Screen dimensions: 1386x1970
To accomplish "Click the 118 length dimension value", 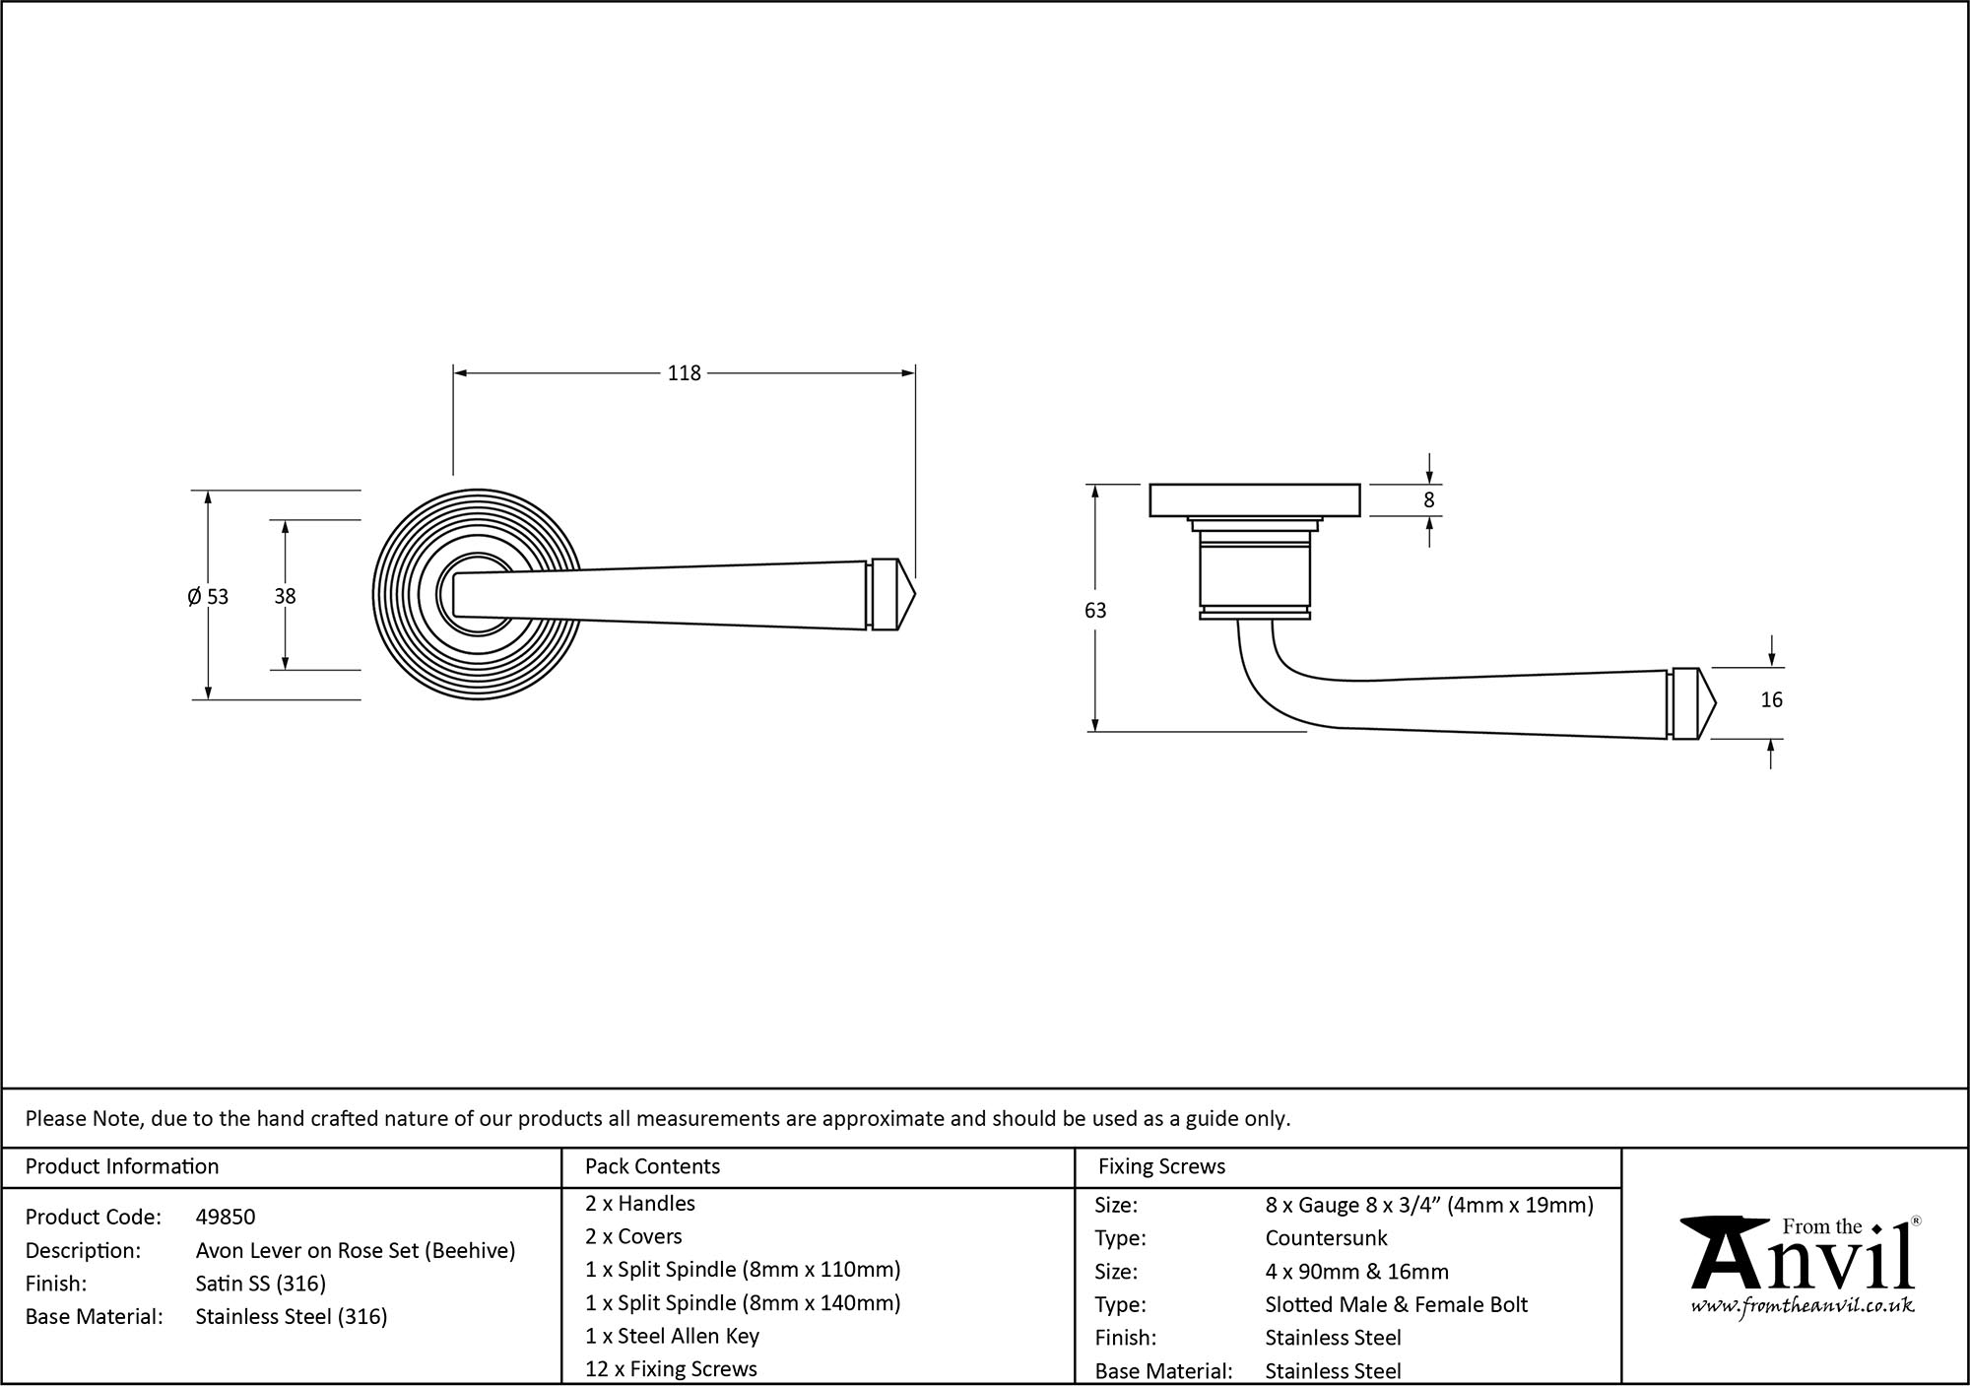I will pos(684,373).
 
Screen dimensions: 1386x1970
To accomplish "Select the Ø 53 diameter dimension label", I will pos(208,597).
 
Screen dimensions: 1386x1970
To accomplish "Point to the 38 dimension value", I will pos(285,596).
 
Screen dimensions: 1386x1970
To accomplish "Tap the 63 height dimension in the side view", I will pos(1095,611).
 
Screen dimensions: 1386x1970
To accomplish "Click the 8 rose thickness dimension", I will pos(1429,500).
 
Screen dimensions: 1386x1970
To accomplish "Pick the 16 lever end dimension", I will pos(1771,700).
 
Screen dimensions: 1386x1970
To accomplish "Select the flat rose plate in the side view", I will pos(1255,499).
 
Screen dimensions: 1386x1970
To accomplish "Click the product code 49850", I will pos(226,1218).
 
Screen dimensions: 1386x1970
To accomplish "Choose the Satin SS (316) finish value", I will pos(261,1284).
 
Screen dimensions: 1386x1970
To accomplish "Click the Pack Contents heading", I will pos(652,1166).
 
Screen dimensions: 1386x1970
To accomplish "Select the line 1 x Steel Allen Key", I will pos(672,1336).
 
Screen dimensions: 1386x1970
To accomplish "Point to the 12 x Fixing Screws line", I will pos(671,1369).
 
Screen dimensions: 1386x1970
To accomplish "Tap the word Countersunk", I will pos(1326,1238).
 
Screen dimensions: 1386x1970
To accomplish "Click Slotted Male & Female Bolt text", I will pos(1396,1305).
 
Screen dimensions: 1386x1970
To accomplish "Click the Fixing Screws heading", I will pos(1161,1166).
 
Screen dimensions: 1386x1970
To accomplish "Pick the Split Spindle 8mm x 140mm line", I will pos(743,1303).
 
